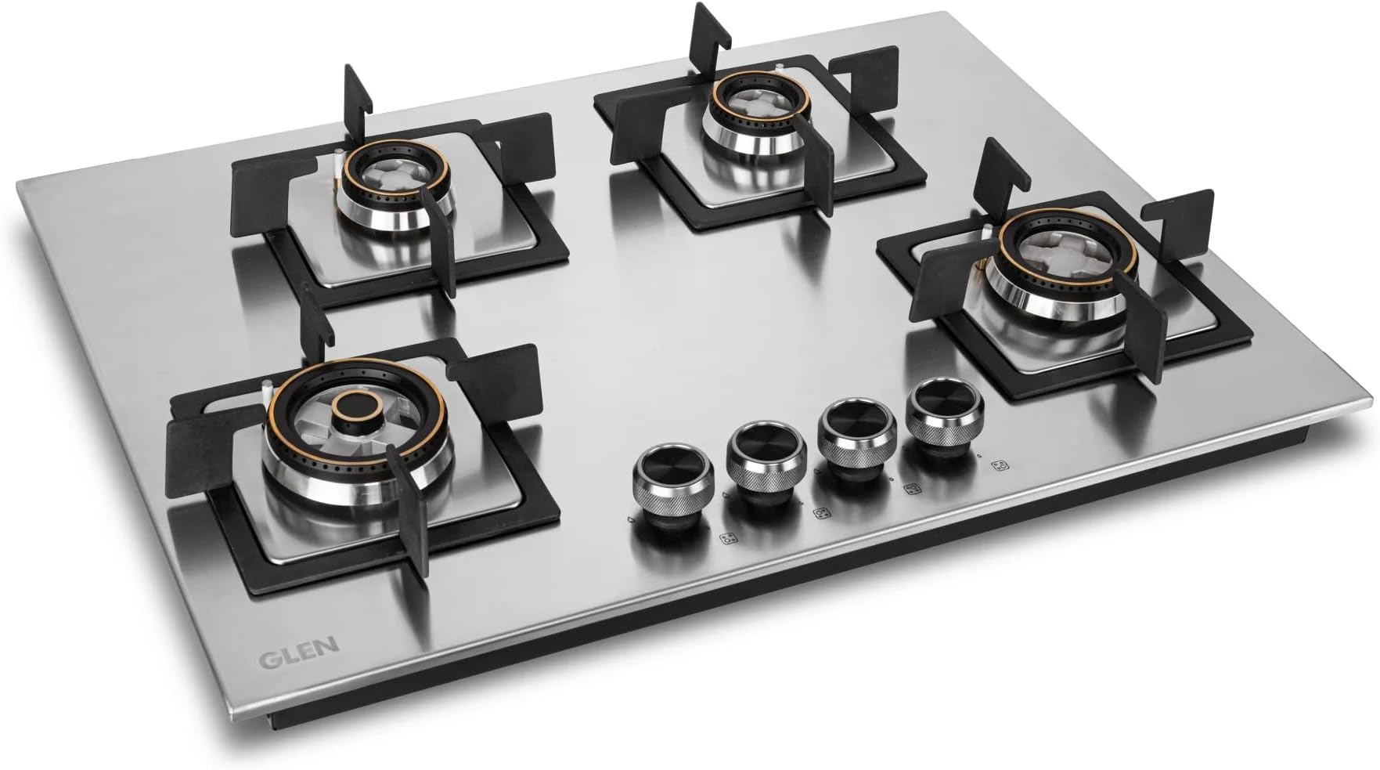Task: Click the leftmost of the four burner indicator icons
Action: [x=728, y=539]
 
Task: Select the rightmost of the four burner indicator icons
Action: [x=998, y=466]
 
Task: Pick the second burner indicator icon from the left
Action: [x=821, y=515]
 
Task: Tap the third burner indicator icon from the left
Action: [x=911, y=490]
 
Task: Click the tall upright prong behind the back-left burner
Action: [x=356, y=94]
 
